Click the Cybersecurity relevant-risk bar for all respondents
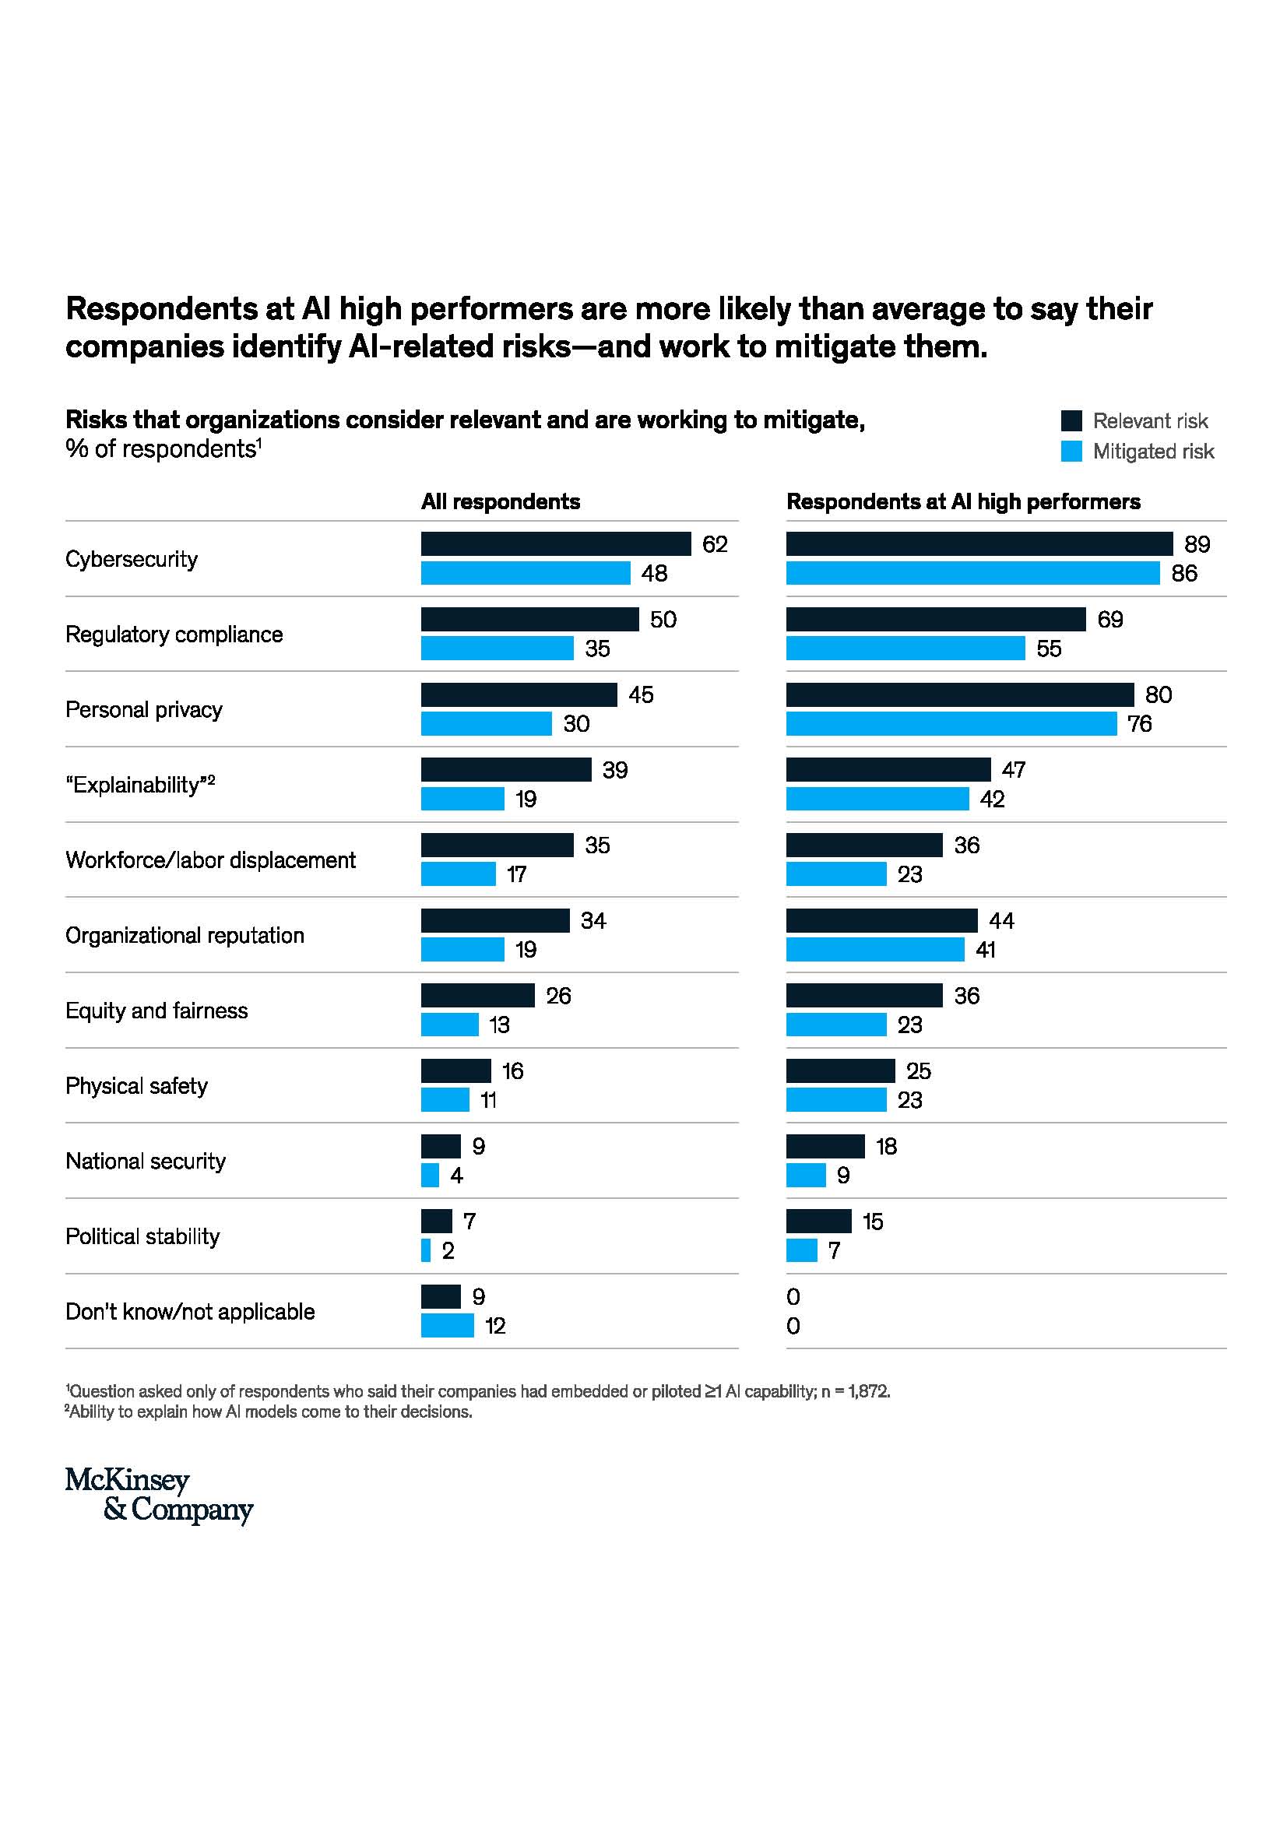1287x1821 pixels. tap(555, 543)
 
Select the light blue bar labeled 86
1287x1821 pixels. tap(972, 573)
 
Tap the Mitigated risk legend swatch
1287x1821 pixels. tap(1071, 451)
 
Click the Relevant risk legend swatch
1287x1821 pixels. tap(1071, 420)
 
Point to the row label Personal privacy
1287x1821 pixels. tap(143, 709)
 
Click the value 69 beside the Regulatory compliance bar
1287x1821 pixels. tap(1109, 620)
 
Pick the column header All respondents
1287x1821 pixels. tap(501, 501)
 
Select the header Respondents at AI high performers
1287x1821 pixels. tap(962, 501)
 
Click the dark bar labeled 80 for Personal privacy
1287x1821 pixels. tap(959, 694)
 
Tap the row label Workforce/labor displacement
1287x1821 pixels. tap(210, 860)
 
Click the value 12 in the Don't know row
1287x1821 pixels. tap(495, 1325)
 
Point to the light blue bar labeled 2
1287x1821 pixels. tap(426, 1250)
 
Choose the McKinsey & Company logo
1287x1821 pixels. tap(159, 1494)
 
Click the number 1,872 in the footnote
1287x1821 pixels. tap(868, 1390)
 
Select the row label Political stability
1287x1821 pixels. tap(142, 1236)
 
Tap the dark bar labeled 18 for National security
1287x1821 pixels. tap(825, 1145)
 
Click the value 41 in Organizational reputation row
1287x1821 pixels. tap(985, 949)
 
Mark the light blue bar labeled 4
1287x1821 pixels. tap(430, 1175)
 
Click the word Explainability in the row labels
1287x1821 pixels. tap(135, 785)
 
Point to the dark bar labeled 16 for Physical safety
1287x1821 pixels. tap(455, 1070)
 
